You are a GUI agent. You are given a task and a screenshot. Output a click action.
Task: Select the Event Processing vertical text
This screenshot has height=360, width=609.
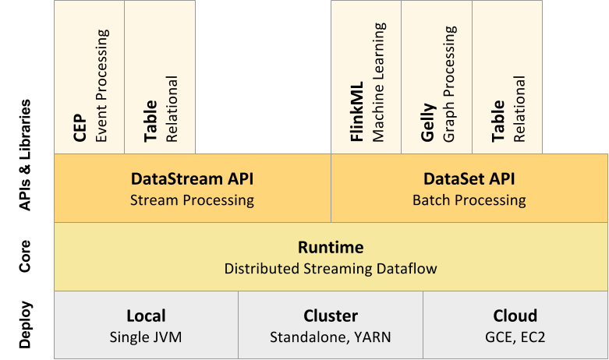click(x=101, y=86)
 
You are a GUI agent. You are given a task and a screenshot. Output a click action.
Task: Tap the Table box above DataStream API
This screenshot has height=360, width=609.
click(x=160, y=77)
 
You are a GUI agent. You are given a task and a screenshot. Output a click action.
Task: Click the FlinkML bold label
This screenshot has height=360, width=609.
click(x=358, y=115)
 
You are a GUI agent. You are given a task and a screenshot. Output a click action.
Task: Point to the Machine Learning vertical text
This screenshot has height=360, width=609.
click(x=379, y=82)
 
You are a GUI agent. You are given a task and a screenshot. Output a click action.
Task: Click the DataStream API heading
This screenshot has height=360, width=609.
click(x=192, y=179)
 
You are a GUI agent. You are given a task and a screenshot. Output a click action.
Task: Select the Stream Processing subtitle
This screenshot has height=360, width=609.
click(x=192, y=200)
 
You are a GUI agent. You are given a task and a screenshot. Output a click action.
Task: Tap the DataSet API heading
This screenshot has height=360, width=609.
click(x=469, y=179)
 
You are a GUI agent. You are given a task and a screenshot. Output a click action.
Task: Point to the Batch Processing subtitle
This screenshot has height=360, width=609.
click(x=469, y=200)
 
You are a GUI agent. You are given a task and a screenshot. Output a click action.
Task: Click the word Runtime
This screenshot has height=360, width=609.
click(x=331, y=248)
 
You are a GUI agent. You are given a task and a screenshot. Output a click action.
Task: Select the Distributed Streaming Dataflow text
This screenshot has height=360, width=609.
click(x=331, y=269)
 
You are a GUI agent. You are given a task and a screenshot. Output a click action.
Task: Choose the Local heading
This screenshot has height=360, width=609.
click(x=146, y=316)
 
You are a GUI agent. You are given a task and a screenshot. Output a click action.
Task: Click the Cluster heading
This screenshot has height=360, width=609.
click(x=331, y=316)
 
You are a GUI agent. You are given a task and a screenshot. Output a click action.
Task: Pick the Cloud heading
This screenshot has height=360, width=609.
click(x=515, y=316)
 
